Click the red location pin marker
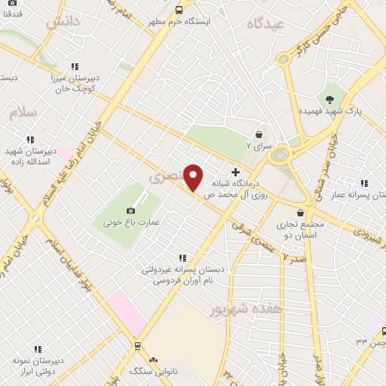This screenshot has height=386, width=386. [194, 176]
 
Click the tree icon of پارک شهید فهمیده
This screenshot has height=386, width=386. [329, 98]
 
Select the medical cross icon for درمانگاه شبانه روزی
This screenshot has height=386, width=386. [237, 173]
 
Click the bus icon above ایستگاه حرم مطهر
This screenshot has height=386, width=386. [179, 10]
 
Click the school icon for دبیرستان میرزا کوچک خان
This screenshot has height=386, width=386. [74, 66]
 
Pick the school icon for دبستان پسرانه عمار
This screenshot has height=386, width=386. [364, 183]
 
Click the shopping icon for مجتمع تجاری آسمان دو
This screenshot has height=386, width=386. [301, 213]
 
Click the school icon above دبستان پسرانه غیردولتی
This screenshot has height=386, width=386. [179, 258]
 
